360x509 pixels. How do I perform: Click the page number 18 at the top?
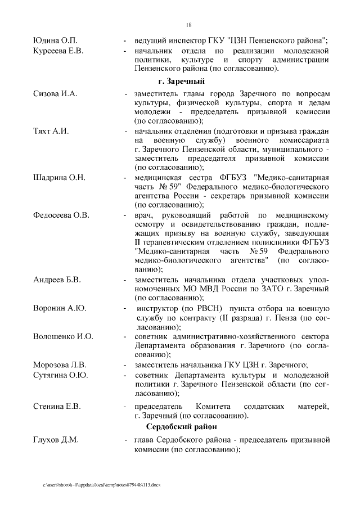point(188,24)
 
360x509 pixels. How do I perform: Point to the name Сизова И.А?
point(55,93)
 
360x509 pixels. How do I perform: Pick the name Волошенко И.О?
point(63,336)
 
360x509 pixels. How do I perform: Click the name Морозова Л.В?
point(60,364)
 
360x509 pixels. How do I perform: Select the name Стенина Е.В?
point(57,406)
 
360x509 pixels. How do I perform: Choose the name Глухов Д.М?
point(56,439)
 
